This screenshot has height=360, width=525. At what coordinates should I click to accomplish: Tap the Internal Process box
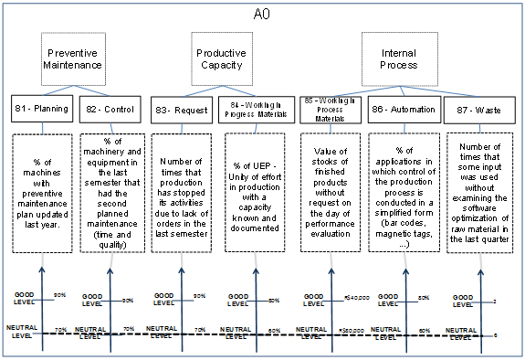pos(398,59)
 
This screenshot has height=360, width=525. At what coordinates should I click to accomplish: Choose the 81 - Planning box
pos(40,110)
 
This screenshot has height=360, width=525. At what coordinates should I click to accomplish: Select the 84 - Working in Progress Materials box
pos(254,109)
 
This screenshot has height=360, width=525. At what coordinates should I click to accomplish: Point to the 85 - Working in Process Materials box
pos(328,109)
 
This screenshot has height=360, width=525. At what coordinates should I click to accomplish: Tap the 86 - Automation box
pos(401,110)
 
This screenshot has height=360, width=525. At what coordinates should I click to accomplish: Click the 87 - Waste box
pos(473,110)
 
